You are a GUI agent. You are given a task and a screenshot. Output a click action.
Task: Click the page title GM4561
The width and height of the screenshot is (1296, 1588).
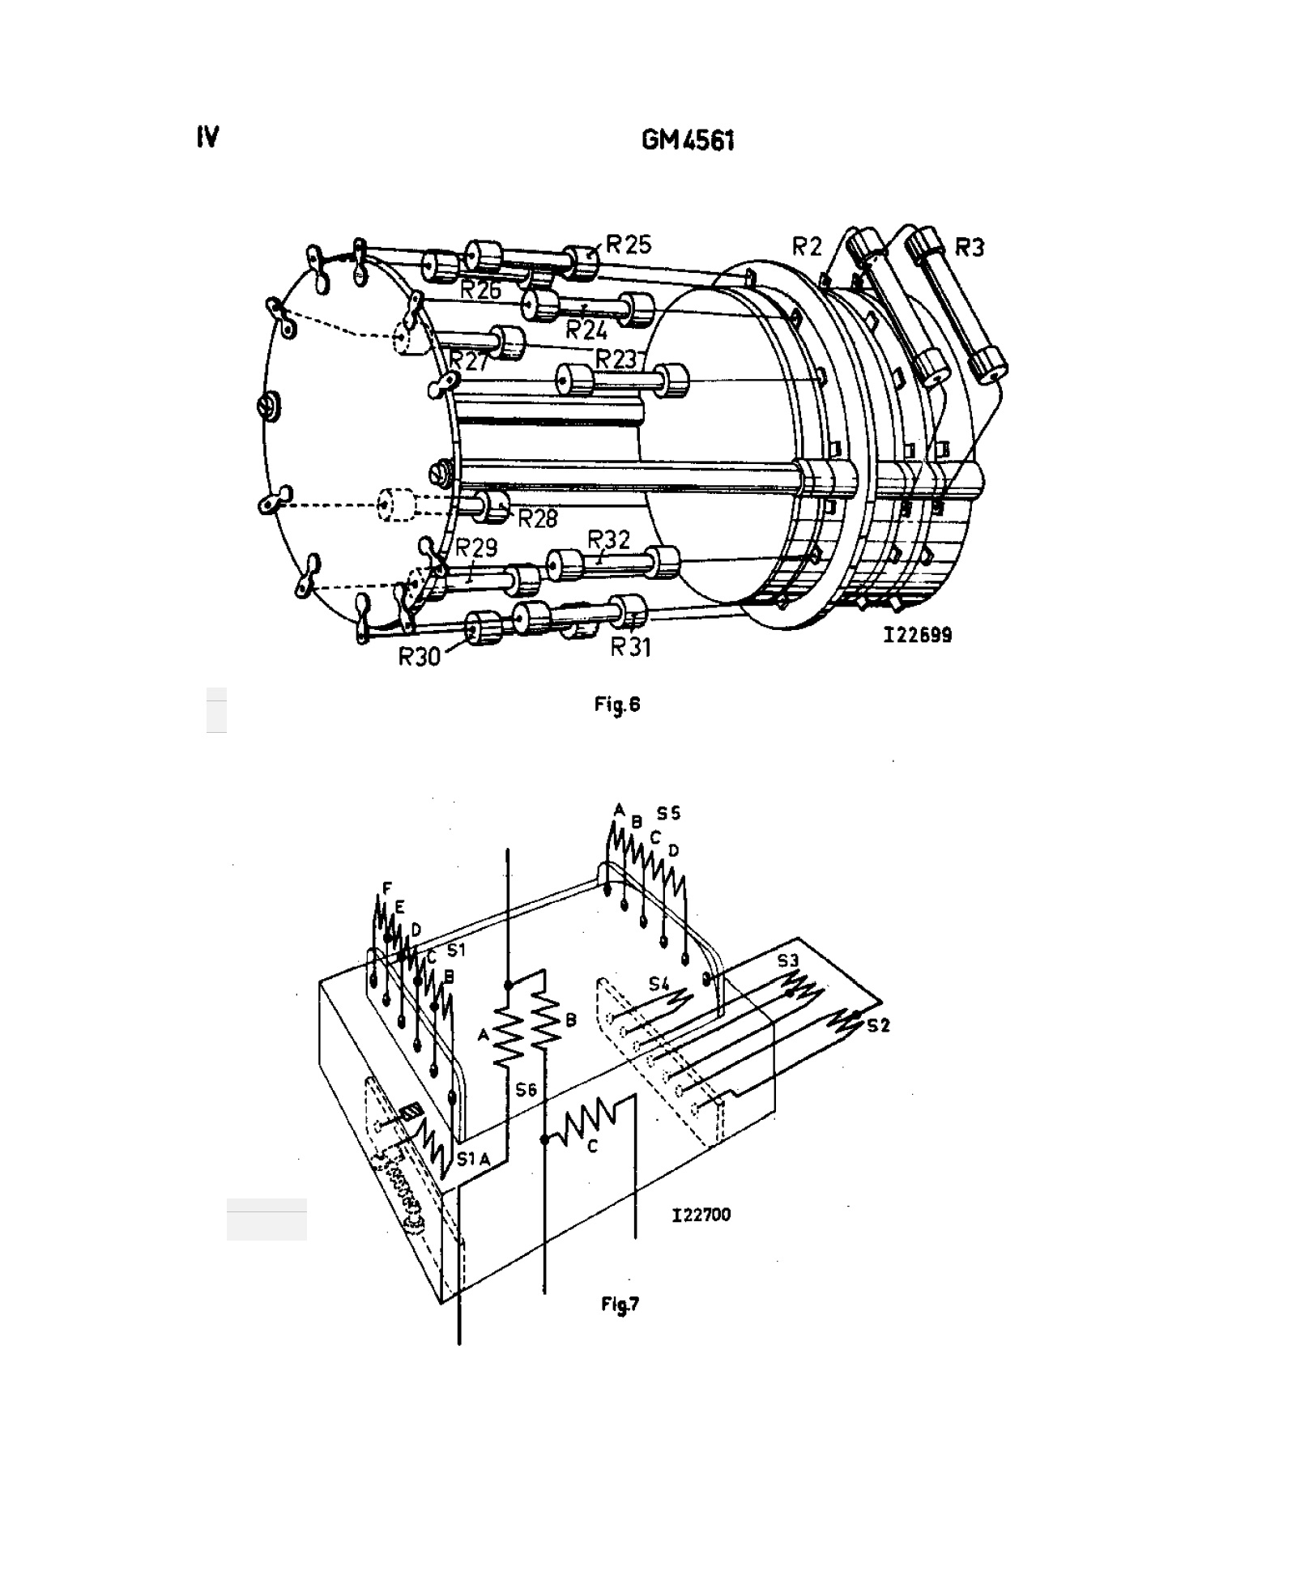click(688, 141)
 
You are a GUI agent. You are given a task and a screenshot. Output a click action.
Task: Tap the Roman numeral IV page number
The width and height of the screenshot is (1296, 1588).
click(207, 138)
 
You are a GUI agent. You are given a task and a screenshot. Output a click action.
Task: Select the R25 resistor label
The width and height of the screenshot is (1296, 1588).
click(629, 245)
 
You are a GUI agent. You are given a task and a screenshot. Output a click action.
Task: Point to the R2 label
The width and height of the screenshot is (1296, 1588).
click(806, 247)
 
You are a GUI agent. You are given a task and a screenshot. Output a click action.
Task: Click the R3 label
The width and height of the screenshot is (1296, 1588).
click(969, 247)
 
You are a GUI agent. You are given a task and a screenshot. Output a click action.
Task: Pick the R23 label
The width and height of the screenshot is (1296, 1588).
click(618, 359)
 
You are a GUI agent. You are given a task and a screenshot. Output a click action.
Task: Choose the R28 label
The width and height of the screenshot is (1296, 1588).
click(538, 518)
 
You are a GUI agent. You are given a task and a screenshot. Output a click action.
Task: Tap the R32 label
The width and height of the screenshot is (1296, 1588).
click(609, 539)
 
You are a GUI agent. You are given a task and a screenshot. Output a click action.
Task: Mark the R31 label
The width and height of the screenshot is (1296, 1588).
click(631, 647)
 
